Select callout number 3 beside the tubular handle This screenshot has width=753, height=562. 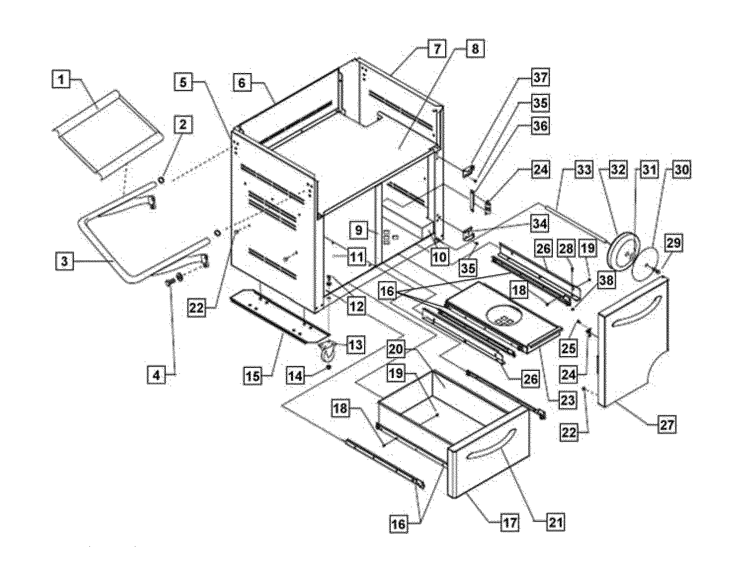point(64,261)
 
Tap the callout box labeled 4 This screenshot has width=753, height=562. point(157,375)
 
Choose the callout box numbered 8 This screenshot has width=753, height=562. point(475,49)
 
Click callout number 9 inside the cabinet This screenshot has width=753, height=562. point(359,231)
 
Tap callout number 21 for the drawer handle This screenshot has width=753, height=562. point(556,522)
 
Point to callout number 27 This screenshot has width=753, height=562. point(667,425)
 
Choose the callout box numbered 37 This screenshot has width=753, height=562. point(540,78)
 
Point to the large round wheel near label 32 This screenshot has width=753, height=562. point(624,252)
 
